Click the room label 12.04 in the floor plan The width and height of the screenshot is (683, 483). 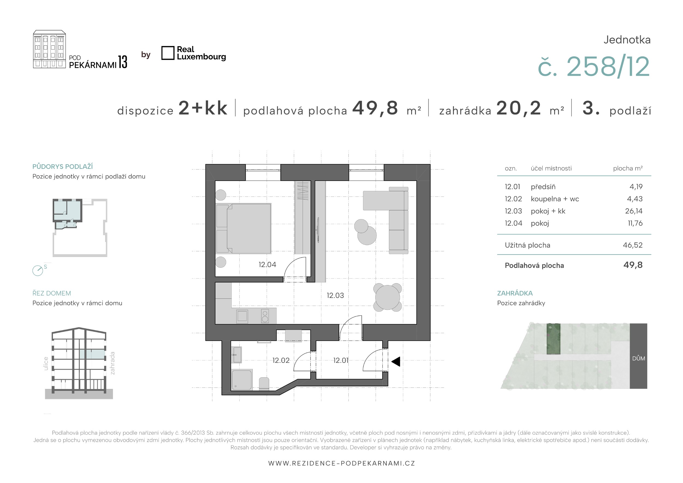pyautogui.click(x=267, y=265)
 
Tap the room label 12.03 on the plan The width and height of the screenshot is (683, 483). pyautogui.click(x=335, y=295)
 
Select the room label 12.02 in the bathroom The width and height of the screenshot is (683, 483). pyautogui.click(x=281, y=360)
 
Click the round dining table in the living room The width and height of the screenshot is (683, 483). pyautogui.click(x=388, y=297)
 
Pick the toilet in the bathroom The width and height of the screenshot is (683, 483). pyautogui.click(x=264, y=384)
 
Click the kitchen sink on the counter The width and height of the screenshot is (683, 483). pyautogui.click(x=242, y=316)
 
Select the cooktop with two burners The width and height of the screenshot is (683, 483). pyautogui.click(x=265, y=316)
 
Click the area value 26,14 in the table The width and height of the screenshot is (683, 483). pyautogui.click(x=634, y=211)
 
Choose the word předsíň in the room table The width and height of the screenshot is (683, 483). pyautogui.click(x=543, y=187)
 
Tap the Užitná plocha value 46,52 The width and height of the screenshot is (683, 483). pyautogui.click(x=633, y=245)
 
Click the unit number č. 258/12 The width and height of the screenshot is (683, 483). pyautogui.click(x=594, y=67)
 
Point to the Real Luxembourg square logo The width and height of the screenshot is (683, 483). pyautogui.click(x=168, y=53)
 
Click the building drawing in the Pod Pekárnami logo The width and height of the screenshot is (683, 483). pyautogui.click(x=49, y=49)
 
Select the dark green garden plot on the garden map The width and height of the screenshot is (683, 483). pyautogui.click(x=553, y=339)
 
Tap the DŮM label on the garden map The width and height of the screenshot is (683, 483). pyautogui.click(x=638, y=358)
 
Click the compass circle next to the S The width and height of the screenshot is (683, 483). pyautogui.click(x=38, y=271)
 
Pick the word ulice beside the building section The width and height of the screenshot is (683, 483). pyautogui.click(x=46, y=364)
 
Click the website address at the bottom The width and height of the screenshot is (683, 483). pyautogui.click(x=341, y=463)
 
